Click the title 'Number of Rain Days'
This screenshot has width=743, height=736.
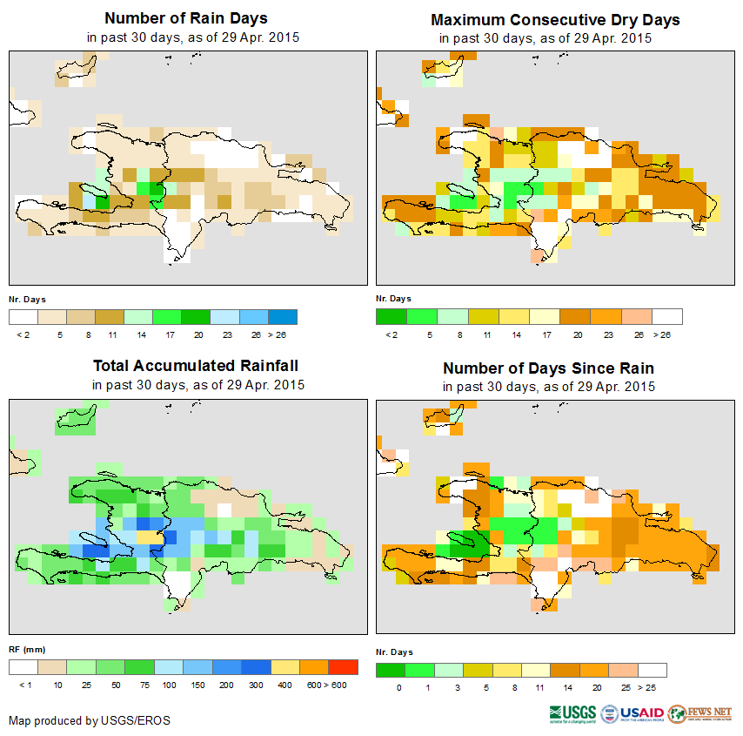coord(185,18)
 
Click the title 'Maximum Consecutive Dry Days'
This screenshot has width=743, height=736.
coord(555,19)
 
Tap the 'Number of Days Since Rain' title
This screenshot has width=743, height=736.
coord(548,368)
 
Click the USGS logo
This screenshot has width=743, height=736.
coord(572,714)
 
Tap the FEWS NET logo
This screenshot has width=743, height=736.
coord(700,714)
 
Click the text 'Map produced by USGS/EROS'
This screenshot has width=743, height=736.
coord(90,720)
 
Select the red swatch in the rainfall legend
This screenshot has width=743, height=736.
coord(344,667)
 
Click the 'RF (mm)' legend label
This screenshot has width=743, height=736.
coord(26,650)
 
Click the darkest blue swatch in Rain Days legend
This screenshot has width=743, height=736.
coord(283,316)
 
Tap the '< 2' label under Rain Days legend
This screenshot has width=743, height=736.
coord(23,334)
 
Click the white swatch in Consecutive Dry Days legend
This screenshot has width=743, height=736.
coord(667,316)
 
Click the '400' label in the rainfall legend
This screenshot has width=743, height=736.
coord(285,685)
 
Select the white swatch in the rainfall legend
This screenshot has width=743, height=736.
coord(23,667)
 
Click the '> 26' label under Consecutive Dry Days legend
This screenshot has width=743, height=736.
coord(665,334)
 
